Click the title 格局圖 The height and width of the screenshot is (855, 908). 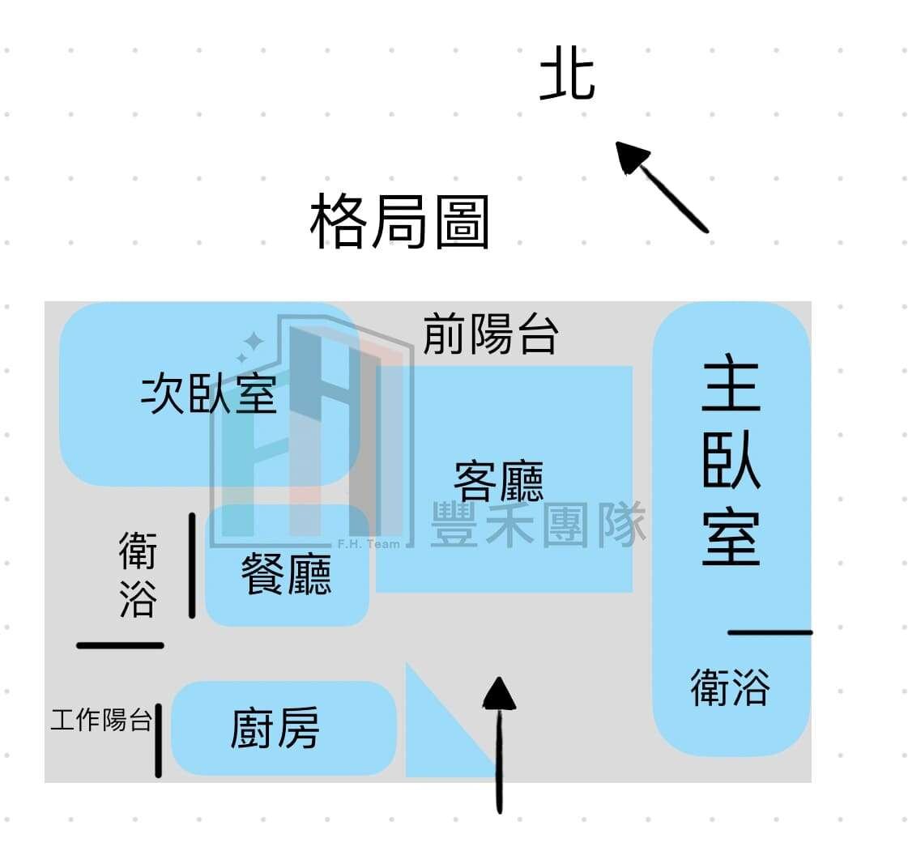point(399,222)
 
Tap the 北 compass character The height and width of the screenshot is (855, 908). point(567,74)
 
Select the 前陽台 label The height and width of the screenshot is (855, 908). point(491,334)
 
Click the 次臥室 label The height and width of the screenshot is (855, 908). point(210,394)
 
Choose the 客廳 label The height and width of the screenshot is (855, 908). point(498,481)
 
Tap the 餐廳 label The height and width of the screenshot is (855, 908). point(286,576)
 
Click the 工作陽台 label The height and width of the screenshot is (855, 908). point(101,719)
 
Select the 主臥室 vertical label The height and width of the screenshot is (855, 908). point(731,465)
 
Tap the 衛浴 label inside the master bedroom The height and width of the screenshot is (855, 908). point(730,687)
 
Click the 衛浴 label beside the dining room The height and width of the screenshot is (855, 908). point(137,573)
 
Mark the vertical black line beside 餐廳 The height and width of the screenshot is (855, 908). point(192,565)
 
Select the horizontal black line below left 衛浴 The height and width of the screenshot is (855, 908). point(120,645)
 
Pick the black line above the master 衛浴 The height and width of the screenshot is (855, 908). point(769,632)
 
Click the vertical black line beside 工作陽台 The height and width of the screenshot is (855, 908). point(159,740)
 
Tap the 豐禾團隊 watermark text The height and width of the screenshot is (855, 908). point(539,524)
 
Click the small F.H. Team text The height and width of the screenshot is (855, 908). point(369,544)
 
